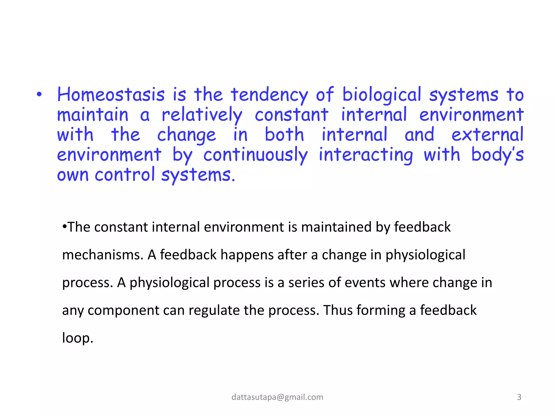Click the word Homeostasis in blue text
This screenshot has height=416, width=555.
click(111, 95)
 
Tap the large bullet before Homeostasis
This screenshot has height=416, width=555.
click(39, 95)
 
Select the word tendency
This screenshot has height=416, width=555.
click(269, 95)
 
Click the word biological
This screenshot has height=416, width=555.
click(382, 95)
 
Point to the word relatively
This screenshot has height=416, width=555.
click(202, 115)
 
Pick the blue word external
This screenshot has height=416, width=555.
click(487, 135)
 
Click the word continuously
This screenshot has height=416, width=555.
click(256, 155)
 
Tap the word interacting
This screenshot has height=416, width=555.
click(366, 155)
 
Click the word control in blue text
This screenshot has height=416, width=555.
click(125, 175)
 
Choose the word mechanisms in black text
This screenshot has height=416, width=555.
click(102, 255)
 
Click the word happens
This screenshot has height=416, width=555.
click(247, 255)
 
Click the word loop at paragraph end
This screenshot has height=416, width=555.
click(77, 338)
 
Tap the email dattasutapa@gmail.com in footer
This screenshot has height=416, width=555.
click(277, 397)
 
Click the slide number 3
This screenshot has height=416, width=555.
click(519, 397)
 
